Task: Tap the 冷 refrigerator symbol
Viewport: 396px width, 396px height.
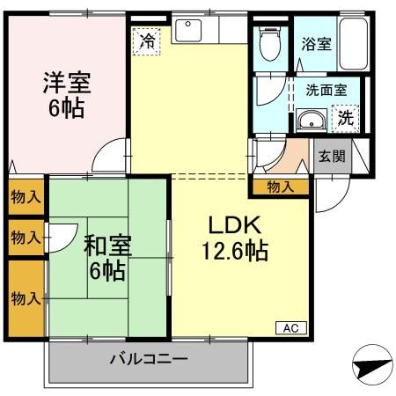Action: point(147,40)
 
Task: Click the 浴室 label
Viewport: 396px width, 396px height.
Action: point(315,43)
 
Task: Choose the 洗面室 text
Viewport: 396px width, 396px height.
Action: point(326,90)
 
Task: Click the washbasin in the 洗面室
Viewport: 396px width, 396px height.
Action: point(309,121)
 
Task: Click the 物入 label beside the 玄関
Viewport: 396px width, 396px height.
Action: point(281,187)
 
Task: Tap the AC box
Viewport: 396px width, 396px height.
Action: point(290,327)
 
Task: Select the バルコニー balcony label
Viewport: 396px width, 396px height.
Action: point(149,359)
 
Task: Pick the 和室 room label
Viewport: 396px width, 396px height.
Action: point(106,244)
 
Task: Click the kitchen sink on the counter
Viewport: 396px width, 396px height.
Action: point(189,31)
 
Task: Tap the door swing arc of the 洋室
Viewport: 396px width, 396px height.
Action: point(110,157)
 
